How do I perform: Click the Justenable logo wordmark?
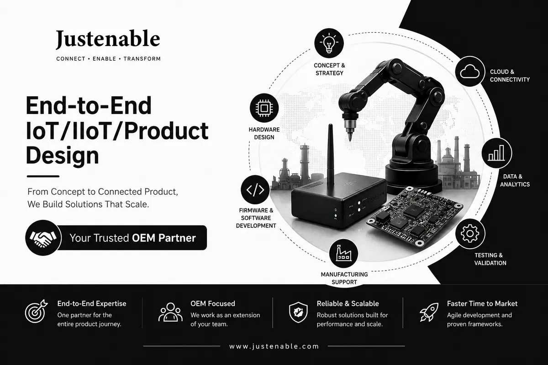pos(108,39)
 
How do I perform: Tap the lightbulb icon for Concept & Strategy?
pos(329,43)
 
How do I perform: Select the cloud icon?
pos(470,71)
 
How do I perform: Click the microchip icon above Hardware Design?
pos(264,108)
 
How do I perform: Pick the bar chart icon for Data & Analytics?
pos(497,153)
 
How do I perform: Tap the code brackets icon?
pos(255,190)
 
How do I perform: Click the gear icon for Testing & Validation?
pos(470,234)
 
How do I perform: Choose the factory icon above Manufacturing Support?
pos(343,253)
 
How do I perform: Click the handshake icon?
pos(43,238)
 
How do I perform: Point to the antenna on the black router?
pos(331,154)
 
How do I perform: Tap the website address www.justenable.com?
pos(274,346)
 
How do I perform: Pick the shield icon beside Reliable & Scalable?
pos(298,312)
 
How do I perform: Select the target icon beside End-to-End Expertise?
pos(36,311)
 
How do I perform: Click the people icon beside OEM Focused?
pos(170,312)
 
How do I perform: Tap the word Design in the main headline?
pos(63,156)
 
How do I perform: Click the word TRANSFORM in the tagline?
pos(142,59)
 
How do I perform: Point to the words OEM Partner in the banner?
pos(164,238)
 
